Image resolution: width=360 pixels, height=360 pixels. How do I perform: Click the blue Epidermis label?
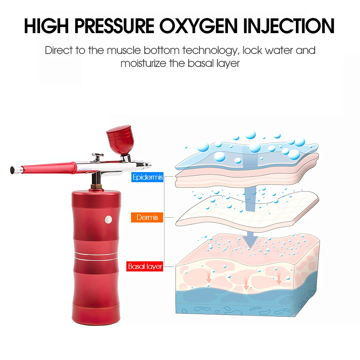click(x=148, y=177)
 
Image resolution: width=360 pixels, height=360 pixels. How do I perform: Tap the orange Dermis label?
click(x=148, y=217)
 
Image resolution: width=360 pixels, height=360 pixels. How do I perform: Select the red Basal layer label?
click(x=145, y=266)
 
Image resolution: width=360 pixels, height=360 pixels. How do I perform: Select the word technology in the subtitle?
click(x=210, y=50)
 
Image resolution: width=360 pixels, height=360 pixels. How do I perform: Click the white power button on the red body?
click(x=108, y=219)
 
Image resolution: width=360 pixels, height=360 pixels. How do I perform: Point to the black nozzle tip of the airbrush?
click(x=13, y=169)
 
